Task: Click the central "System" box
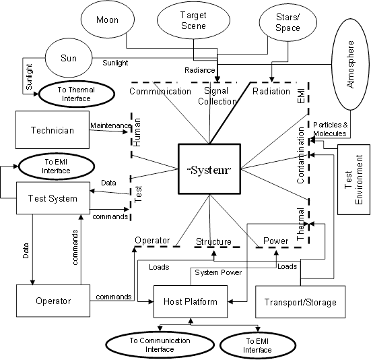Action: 209,168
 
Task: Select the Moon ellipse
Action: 106,20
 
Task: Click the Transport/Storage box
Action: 300,301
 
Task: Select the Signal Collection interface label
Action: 217,96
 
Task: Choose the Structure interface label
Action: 213,241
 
